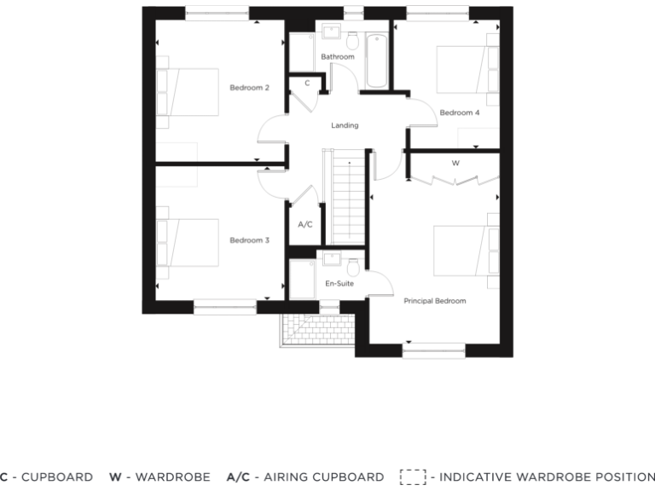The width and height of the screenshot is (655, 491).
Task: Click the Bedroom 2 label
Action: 249,88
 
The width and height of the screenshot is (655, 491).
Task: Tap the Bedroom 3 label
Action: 249,240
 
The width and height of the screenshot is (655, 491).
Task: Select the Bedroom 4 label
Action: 459,113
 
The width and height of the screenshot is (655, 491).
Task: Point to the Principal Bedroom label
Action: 434,301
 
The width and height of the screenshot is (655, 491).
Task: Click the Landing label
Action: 345,125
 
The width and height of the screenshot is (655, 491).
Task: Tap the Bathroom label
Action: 337,57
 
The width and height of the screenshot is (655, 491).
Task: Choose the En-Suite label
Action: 339,283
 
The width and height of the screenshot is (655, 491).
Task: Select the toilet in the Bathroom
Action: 352,40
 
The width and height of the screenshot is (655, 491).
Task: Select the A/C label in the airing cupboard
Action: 304,225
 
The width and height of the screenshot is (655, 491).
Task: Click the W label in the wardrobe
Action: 455,162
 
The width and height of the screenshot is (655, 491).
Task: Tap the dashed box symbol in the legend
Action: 412,477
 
